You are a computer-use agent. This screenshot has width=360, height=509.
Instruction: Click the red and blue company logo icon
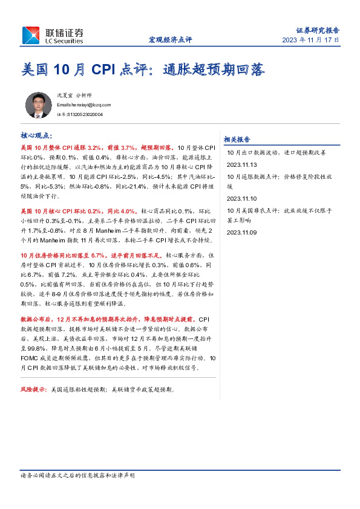[31, 35]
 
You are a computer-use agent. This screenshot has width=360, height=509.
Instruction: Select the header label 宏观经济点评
[170, 40]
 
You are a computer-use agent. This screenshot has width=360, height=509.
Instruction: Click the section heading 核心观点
[37, 136]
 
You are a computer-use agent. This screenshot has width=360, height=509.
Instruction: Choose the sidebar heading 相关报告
[237, 138]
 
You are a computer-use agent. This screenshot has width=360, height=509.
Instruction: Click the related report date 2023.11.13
[242, 164]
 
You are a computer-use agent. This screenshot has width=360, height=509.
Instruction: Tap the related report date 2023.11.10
[242, 198]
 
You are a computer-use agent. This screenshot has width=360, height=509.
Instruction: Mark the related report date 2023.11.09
[242, 232]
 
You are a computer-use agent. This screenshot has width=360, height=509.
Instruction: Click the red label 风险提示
[34, 389]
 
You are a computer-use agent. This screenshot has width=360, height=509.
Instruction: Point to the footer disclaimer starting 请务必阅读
[77, 476]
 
